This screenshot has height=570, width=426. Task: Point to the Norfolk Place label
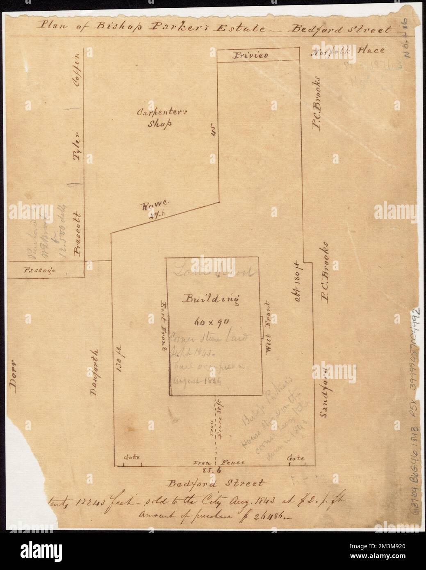pos(348,51)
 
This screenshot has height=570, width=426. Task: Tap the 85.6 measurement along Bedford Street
pos(214,470)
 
